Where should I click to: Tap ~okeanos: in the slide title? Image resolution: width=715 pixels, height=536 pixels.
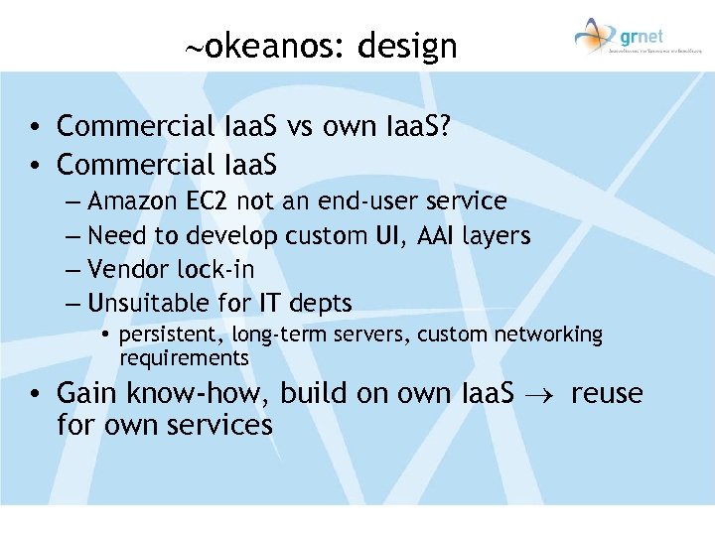[260, 46]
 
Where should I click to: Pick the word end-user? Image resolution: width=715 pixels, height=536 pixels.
[367, 201]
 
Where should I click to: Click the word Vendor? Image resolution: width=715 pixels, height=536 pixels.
[124, 269]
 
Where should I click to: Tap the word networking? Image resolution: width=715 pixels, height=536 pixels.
[552, 335]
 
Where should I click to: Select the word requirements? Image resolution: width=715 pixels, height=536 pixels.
[184, 357]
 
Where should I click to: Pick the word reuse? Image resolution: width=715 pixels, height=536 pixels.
[607, 393]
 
